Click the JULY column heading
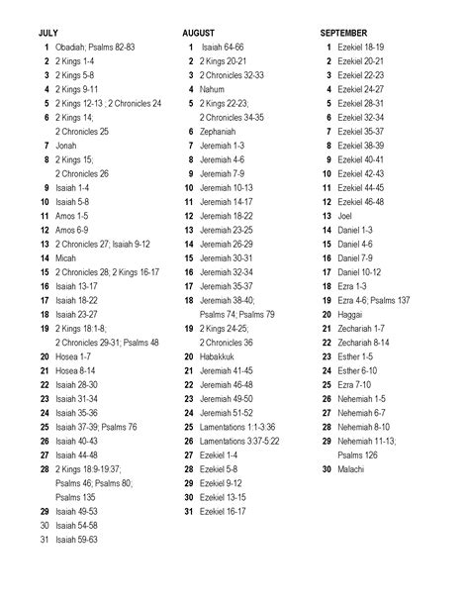tap(47, 33)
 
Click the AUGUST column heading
tap(198, 33)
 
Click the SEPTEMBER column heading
tap(343, 33)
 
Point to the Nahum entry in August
tap(212, 88)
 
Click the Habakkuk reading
tap(219, 355)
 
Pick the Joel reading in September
tap(344, 215)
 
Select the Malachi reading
tap(350, 468)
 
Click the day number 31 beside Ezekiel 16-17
tap(190, 511)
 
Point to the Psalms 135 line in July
tap(75, 496)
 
